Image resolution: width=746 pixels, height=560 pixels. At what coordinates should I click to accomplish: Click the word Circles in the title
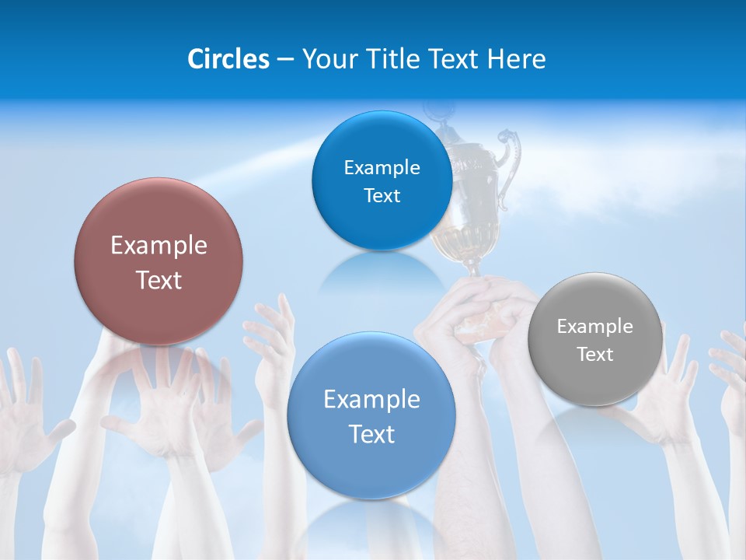[x=228, y=59]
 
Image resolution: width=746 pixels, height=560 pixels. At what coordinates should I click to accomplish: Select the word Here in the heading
[x=517, y=59]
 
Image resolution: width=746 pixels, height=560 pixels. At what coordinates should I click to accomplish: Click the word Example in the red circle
[x=159, y=246]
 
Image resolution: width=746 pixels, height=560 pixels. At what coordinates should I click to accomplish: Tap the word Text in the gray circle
[x=595, y=355]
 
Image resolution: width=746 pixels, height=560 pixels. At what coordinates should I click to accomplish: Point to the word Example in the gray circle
[x=594, y=327]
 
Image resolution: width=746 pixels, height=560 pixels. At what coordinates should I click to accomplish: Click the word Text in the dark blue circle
[x=382, y=196]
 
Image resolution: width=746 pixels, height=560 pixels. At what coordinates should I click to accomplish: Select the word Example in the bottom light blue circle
[x=371, y=400]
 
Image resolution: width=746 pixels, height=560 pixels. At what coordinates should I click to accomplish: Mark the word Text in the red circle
[x=159, y=280]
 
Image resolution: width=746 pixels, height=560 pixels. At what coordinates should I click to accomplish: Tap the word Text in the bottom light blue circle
[x=371, y=434]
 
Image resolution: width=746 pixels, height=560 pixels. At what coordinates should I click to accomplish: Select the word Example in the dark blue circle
[x=382, y=168]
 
